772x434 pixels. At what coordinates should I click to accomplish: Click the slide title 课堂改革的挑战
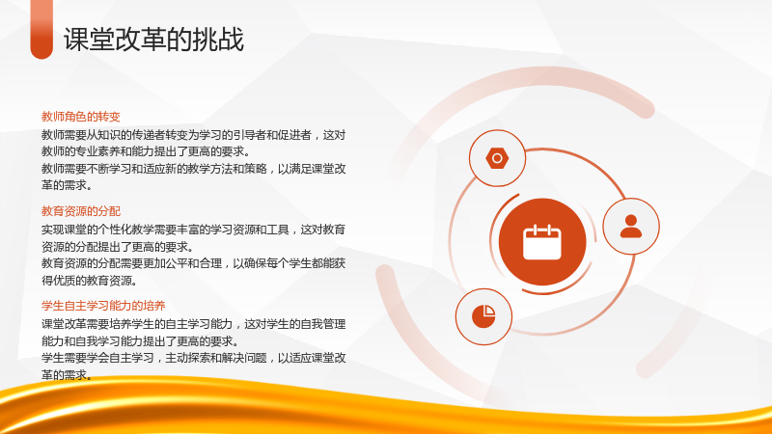153,40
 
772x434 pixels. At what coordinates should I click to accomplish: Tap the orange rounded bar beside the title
41,29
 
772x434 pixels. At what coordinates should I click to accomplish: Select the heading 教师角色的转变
81,117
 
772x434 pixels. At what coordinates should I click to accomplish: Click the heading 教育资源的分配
81,211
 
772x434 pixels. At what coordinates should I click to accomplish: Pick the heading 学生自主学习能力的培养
103,306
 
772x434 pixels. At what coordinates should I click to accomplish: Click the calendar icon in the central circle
542,242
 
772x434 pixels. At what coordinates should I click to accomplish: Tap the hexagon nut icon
497,158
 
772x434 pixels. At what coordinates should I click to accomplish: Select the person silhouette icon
631,227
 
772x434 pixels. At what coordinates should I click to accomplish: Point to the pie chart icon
483,316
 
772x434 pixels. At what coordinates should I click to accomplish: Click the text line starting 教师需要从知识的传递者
194,135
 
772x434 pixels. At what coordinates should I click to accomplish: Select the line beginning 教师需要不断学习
194,169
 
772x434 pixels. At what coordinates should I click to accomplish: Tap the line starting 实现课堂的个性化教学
194,230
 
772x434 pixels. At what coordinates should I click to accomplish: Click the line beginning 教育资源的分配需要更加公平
194,263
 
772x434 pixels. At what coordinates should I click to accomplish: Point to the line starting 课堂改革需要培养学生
194,324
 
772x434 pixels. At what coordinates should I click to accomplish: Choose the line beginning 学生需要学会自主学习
194,358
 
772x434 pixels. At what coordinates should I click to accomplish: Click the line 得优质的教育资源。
89,281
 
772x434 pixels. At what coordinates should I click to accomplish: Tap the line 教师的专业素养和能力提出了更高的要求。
146,151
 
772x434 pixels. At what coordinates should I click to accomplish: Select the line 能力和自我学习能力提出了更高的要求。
140,341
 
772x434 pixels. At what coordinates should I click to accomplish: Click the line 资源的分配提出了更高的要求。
118,247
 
